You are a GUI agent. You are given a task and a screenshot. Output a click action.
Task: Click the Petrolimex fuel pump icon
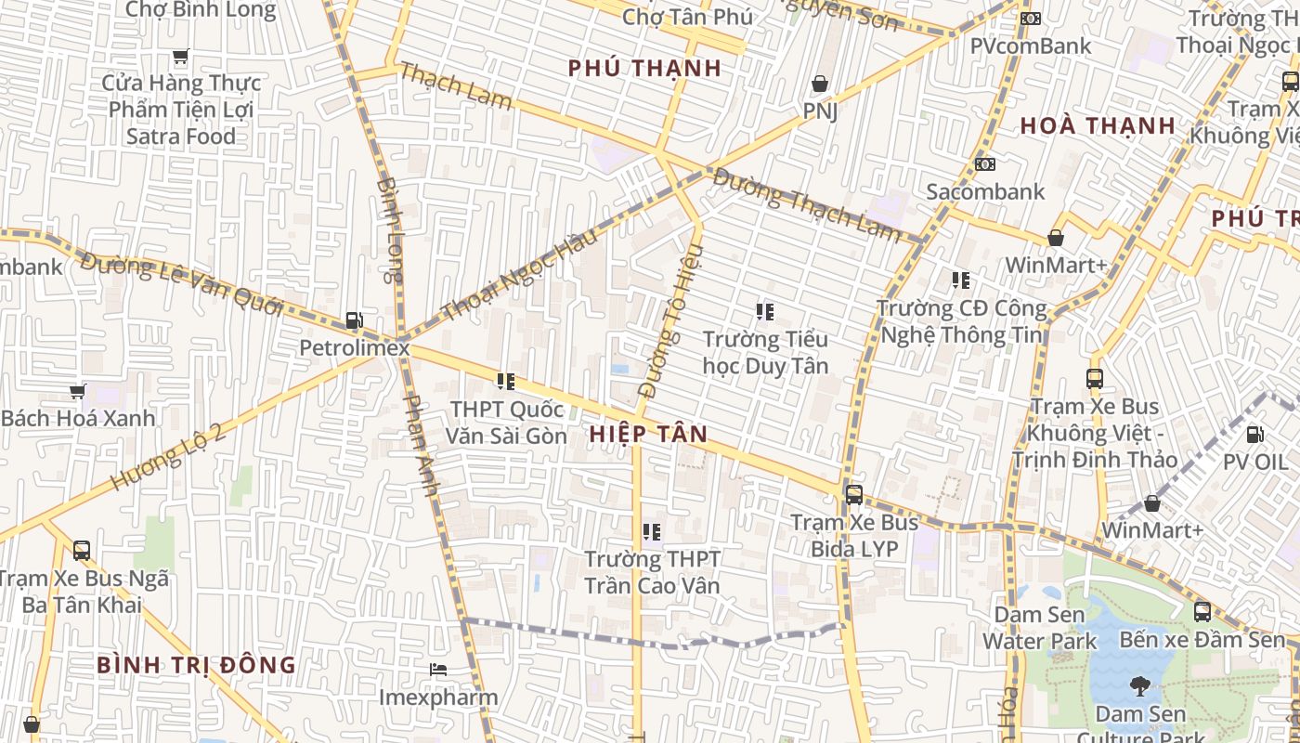point(354,320)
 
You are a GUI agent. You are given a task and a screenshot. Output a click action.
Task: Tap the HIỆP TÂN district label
point(648,434)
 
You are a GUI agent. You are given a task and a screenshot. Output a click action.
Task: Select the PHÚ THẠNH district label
point(644,68)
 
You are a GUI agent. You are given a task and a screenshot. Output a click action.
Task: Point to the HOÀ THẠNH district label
point(1098,125)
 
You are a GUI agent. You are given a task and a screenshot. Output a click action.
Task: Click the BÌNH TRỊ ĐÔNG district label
point(196,665)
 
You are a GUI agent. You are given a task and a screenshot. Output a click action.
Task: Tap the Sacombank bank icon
point(984,164)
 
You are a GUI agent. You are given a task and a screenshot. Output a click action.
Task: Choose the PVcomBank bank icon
point(1030,19)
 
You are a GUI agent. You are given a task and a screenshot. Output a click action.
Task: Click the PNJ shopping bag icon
point(820,85)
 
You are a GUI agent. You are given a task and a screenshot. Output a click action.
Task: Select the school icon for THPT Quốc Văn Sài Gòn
point(506,381)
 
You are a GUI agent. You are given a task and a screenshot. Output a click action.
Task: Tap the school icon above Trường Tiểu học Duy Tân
point(764,312)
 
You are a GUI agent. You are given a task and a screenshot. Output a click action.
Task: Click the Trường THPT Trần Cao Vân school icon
point(652,532)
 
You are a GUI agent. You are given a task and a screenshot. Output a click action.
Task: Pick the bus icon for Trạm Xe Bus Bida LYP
point(853,495)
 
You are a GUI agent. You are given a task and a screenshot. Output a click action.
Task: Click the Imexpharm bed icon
point(438,670)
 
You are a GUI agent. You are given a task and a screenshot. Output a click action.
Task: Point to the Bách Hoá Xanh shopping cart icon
point(78,392)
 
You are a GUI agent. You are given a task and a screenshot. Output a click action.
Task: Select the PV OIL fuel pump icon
point(1254,434)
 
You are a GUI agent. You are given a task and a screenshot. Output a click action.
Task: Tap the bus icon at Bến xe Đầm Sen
point(1202,612)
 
